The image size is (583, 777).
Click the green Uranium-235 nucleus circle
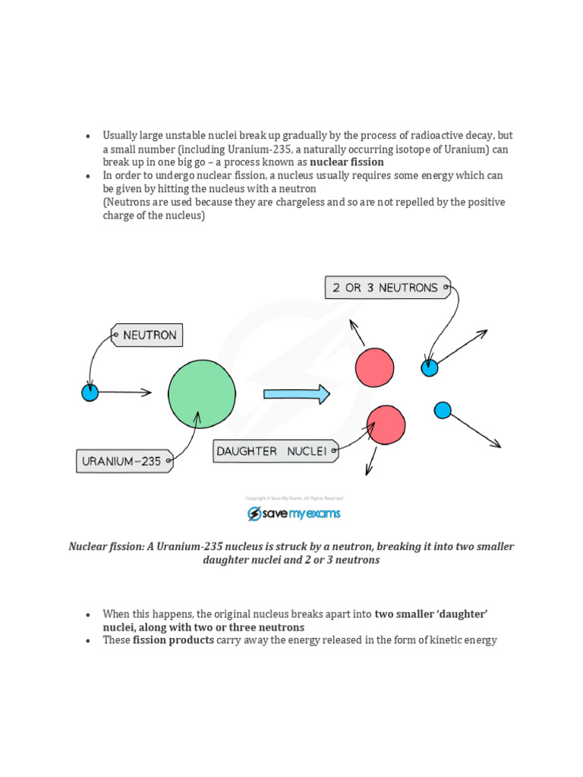pyautogui.click(x=202, y=394)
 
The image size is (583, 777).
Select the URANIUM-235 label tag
pyautogui.click(x=124, y=461)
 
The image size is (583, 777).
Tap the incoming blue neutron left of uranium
pyautogui.click(x=90, y=392)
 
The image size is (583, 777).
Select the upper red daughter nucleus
pyautogui.click(x=374, y=367)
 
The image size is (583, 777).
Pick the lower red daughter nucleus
pyautogui.click(x=386, y=424)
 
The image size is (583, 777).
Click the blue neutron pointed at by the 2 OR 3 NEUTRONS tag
pyautogui.click(x=430, y=368)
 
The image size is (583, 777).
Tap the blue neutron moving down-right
pyautogui.click(x=443, y=411)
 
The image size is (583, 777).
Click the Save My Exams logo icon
pyautogui.click(x=254, y=514)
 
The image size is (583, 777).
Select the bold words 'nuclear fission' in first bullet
pyautogui.click(x=347, y=162)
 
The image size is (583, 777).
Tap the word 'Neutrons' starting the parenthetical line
pyautogui.click(x=128, y=203)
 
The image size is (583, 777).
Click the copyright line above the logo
pyautogui.click(x=294, y=498)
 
